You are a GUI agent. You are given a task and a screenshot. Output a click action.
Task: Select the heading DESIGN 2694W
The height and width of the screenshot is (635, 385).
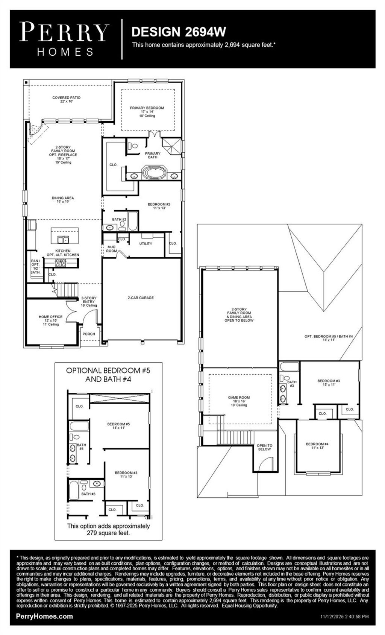click(x=179, y=32)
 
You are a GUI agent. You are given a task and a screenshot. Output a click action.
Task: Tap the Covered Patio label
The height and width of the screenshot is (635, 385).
click(x=66, y=99)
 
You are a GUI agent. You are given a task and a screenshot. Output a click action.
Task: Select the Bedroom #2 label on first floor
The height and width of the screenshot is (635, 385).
click(x=159, y=206)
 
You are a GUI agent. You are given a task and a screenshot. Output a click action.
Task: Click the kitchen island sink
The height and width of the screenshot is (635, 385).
click(x=63, y=239)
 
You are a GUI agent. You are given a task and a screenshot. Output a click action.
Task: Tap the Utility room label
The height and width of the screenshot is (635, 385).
click(x=146, y=244)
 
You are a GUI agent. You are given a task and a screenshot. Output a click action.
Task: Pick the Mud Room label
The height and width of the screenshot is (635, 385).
click(x=111, y=249)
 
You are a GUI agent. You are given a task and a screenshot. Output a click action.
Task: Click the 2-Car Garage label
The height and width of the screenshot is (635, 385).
click(x=141, y=298)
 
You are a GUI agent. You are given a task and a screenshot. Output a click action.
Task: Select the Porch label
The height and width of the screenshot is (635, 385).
click(x=89, y=334)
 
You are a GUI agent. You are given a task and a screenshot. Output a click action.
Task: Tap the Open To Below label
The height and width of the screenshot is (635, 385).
click(x=264, y=447)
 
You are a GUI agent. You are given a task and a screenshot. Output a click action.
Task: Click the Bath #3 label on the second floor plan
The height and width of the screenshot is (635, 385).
click(x=292, y=384)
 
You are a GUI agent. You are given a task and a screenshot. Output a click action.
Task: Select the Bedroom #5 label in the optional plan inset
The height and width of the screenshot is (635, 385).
click(x=118, y=425)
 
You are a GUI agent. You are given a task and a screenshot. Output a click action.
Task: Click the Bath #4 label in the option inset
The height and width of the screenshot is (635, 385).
click(x=81, y=447)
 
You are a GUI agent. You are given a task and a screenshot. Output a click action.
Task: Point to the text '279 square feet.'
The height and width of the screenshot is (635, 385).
click(x=108, y=533)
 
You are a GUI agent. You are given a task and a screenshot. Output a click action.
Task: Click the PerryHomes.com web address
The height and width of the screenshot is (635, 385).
click(x=44, y=616)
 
